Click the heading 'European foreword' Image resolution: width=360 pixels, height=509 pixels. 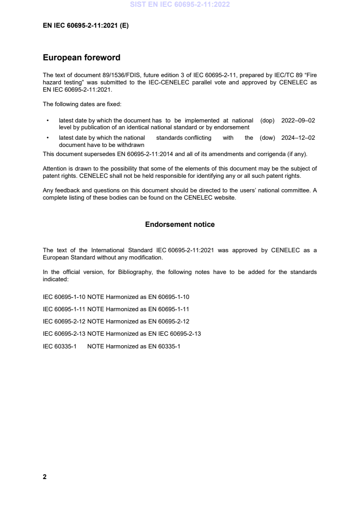tap(81, 58)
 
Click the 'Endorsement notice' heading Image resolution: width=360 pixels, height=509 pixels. tap(180, 225)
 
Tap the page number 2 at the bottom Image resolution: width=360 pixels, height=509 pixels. tap(44, 477)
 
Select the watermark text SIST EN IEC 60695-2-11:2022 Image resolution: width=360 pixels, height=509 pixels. tap(180, 5)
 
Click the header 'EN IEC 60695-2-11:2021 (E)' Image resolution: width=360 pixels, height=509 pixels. tap(85, 26)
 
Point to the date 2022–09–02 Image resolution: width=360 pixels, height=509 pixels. tap(298, 121)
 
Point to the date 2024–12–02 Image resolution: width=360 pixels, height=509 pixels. tap(298, 138)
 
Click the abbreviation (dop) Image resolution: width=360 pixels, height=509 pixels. tap(267, 121)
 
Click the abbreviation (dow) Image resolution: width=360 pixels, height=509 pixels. tap(267, 138)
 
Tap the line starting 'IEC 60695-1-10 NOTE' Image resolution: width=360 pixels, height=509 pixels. tap(116, 297)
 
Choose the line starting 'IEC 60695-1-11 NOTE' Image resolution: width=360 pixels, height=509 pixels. tap(116, 309)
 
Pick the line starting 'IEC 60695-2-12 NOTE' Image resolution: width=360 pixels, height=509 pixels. tap(116, 321)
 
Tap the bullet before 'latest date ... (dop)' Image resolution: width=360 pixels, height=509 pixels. tap(48, 121)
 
